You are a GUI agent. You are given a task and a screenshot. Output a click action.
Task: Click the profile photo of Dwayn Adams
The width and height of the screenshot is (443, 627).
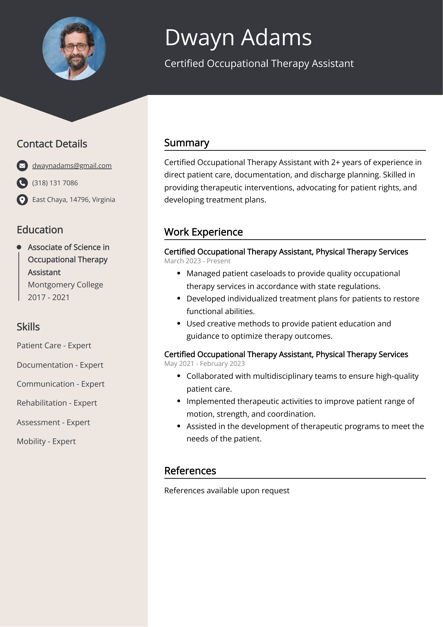[74, 49]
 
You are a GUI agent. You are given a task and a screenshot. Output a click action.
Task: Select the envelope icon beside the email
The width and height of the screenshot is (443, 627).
[22, 166]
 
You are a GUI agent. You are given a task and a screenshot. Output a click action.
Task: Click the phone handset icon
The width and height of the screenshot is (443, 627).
[22, 183]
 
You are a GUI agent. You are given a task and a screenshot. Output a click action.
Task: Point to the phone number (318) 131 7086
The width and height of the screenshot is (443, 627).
[55, 183]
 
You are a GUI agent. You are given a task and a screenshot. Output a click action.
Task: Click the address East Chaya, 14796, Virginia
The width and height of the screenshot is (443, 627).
[73, 200]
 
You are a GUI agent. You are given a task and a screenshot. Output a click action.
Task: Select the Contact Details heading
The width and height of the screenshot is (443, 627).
[52, 144]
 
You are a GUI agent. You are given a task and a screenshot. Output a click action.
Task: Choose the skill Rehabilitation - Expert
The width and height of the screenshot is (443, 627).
[57, 403]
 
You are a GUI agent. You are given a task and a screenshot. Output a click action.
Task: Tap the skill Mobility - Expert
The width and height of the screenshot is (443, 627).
[46, 441]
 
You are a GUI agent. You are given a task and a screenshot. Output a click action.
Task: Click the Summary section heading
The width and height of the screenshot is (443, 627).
[187, 143]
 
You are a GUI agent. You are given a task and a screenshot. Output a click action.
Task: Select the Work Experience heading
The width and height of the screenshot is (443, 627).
[203, 232]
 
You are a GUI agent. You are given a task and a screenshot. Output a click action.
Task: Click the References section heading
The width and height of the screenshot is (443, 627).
[190, 471]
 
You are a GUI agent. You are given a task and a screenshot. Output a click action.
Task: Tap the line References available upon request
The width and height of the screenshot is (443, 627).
[227, 490]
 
